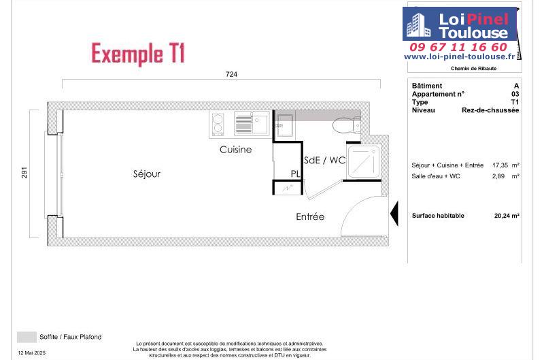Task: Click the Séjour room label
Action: point(147,174)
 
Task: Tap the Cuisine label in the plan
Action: point(235,150)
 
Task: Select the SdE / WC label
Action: point(325,160)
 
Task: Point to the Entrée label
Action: point(310,216)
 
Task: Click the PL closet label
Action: point(296,174)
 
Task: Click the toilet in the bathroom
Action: point(347,125)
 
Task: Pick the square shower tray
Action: point(363,162)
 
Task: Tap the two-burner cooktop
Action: point(218,124)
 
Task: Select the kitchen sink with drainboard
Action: point(252,124)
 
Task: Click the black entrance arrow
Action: point(394,213)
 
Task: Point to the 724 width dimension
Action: point(231,74)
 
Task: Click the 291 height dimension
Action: point(24,173)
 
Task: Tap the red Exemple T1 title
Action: point(138,53)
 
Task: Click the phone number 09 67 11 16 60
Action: point(458,47)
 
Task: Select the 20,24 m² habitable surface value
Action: point(507,216)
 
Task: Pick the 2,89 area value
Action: point(498,176)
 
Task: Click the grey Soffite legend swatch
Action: point(27,337)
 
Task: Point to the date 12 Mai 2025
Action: point(31,353)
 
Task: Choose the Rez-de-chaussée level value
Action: point(490,110)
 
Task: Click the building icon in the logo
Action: point(418,25)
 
